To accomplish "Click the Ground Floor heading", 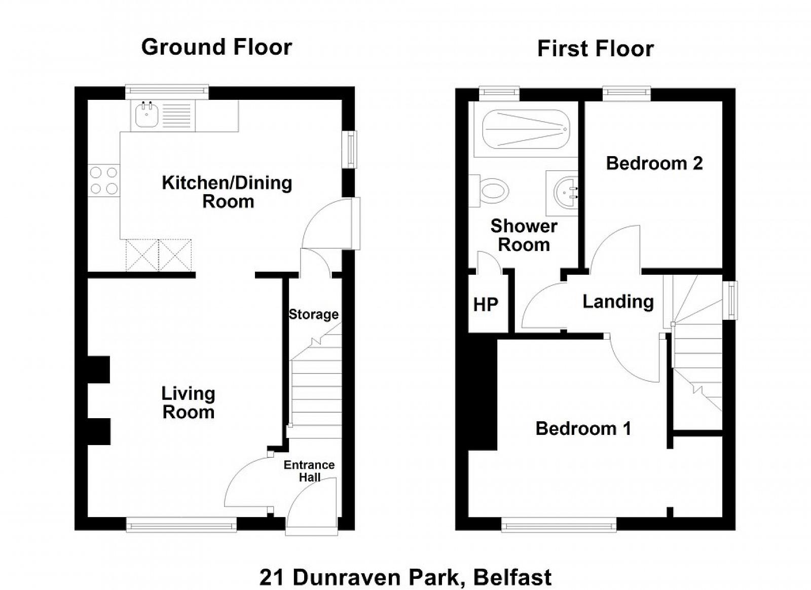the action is [x=216, y=48].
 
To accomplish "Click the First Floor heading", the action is [x=596, y=49].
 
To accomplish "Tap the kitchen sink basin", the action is [x=147, y=114].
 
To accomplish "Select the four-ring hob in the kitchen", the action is [x=104, y=180].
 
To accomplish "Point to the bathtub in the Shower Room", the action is [x=526, y=129].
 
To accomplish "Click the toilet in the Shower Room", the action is [x=489, y=191].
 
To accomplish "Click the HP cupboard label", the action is [x=486, y=305].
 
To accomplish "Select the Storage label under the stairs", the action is [x=314, y=314].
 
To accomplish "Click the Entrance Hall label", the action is [x=309, y=471].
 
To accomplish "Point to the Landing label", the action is [x=618, y=302].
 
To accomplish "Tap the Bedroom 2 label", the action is [x=654, y=163].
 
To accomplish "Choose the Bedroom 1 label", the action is [x=583, y=429].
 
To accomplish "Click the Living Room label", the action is [x=188, y=403].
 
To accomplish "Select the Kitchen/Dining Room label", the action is [x=227, y=192].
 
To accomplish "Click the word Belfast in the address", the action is [x=512, y=577].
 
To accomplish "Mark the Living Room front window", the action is [x=181, y=525].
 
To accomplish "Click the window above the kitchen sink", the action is [x=167, y=92].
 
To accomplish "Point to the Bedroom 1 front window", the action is [x=559, y=525].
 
